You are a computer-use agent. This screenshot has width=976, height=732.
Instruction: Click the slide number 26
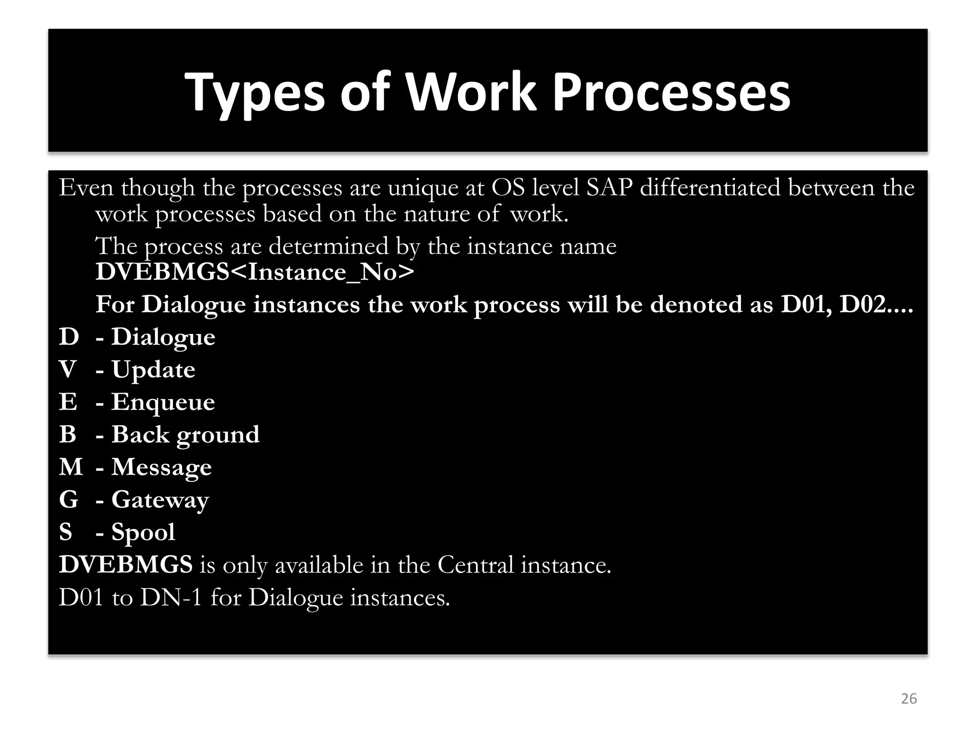point(909,699)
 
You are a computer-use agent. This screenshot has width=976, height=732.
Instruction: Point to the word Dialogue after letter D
point(163,337)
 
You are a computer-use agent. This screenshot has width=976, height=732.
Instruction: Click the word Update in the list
point(153,370)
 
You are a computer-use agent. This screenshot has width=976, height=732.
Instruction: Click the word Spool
point(143,532)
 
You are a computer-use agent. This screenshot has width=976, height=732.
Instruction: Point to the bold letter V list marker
point(68,370)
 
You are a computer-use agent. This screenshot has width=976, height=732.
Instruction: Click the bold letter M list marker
point(71,467)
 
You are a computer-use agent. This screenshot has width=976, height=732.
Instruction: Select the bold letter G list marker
point(68,500)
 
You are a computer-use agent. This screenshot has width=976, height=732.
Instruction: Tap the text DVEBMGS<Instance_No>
point(254,272)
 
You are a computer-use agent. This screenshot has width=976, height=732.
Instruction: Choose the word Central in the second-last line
point(475,565)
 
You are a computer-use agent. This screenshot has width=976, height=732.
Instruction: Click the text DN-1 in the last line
point(171,598)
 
